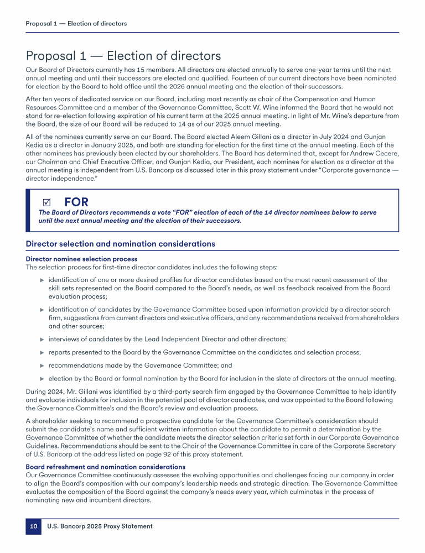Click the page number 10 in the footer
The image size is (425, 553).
coord(33,526)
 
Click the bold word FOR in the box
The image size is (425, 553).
coord(76,202)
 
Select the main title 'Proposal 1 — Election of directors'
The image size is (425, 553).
coord(123,56)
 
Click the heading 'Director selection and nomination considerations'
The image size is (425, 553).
coord(121,244)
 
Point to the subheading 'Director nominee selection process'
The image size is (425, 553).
coord(81,259)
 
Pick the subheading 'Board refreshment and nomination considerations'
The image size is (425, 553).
coord(105,467)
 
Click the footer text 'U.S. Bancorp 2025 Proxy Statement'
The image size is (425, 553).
coord(100,526)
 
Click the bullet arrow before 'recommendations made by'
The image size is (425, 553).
coord(42,366)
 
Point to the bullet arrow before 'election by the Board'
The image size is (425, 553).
coord(42,379)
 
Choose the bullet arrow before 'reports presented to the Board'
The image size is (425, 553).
coord(42,352)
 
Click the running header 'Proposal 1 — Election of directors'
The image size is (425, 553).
coord(76,24)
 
